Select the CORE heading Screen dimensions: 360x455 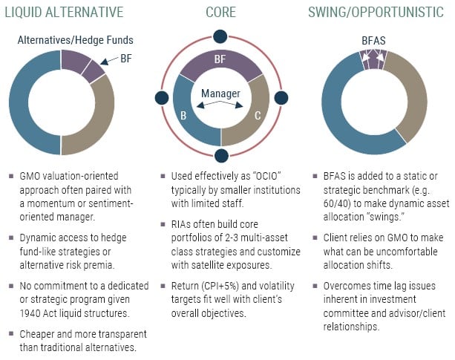pyautogui.click(x=221, y=12)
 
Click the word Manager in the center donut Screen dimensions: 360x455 pyautogui.click(x=221, y=94)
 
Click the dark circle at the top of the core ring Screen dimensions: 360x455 pyautogui.click(x=221, y=36)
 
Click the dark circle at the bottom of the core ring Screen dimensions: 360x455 pyautogui.click(x=221, y=155)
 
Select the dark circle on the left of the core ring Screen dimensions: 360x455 pyautogui.click(x=162, y=97)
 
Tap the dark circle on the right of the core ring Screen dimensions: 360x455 pyautogui.click(x=281, y=97)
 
